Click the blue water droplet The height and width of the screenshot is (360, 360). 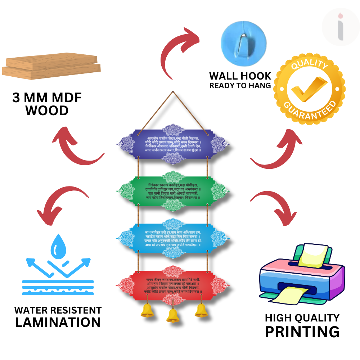(x=57, y=247)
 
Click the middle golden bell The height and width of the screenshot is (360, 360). (x=173, y=315)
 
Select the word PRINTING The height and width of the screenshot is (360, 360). (x=302, y=331)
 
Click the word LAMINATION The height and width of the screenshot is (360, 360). (x=58, y=322)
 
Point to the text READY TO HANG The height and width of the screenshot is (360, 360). (x=240, y=86)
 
